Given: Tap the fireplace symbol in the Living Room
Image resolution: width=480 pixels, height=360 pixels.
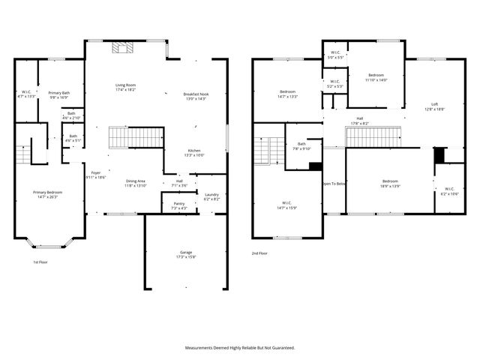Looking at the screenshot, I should click(121, 49).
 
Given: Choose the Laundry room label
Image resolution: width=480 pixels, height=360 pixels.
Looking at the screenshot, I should click(211, 196).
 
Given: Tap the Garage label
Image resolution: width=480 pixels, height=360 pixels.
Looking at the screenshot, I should click(185, 253).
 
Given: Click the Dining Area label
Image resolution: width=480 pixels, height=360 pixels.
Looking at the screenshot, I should click(135, 181).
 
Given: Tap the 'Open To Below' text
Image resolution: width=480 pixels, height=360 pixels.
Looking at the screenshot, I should click(334, 184).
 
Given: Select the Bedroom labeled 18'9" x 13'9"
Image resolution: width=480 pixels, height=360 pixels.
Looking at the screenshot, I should click(390, 182).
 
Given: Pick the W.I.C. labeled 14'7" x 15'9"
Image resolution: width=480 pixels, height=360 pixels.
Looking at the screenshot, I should click(287, 205).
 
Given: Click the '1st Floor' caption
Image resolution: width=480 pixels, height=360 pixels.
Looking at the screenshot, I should click(40, 262).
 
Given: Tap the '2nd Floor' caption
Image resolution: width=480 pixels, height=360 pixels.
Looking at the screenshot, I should click(259, 253).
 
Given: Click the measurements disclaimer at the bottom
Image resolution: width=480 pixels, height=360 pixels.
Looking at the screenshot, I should click(240, 348).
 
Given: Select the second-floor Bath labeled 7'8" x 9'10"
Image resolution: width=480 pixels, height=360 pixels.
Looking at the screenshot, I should click(301, 145).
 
